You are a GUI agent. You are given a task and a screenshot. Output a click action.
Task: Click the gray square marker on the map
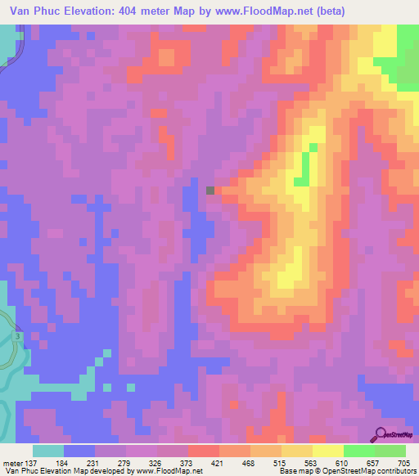(210, 190)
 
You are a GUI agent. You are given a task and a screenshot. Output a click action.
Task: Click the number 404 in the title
(130, 11)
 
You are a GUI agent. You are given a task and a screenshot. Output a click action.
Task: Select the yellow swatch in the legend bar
(327, 451)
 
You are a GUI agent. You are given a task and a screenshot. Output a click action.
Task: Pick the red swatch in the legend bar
(204, 451)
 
